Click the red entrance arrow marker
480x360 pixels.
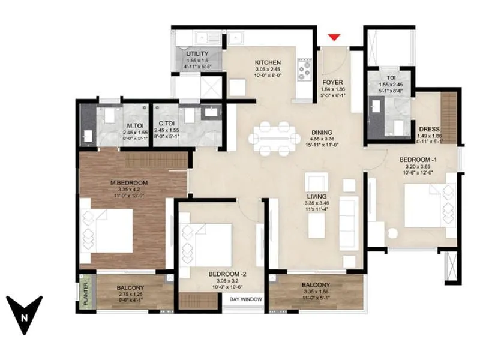335,38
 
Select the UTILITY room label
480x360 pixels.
197,54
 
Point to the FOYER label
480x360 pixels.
332,82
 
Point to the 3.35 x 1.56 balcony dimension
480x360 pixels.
316,292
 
